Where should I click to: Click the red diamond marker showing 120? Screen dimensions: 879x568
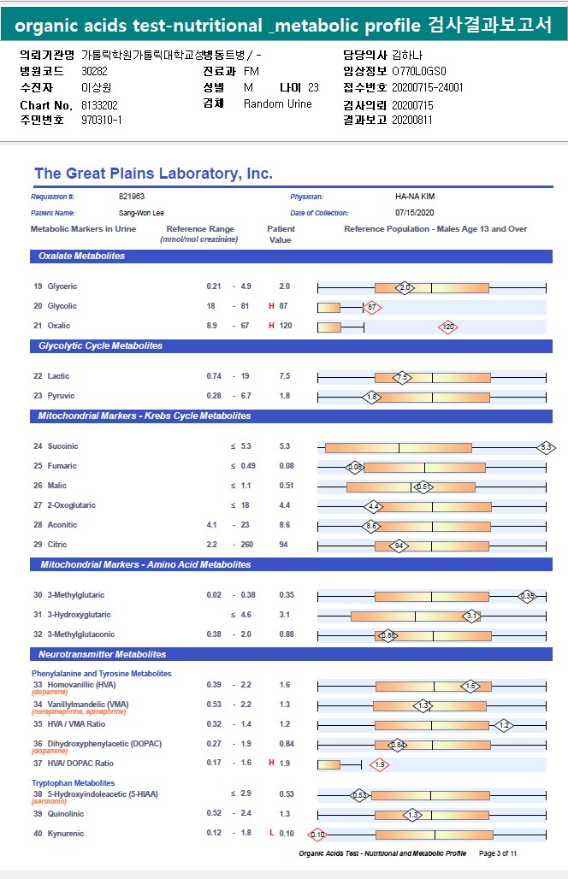tap(447, 327)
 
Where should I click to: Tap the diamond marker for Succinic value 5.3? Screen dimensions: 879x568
tap(547, 447)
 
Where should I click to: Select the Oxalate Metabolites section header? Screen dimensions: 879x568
tap(82, 256)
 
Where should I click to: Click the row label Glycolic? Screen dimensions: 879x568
tap(62, 306)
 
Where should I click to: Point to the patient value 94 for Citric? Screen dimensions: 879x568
tap(284, 545)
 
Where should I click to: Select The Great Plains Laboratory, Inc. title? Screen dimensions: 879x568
tap(153, 174)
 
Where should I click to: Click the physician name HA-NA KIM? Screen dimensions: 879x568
tap(415, 197)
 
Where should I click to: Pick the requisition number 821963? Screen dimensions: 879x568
tap(132, 197)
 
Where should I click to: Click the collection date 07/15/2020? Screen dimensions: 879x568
tap(415, 212)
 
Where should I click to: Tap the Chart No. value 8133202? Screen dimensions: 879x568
tap(99, 104)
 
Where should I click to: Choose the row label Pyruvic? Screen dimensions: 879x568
tap(61, 396)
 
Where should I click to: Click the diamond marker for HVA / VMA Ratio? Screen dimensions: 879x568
tap(504, 725)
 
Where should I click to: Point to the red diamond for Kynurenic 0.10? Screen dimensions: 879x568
tap(317, 835)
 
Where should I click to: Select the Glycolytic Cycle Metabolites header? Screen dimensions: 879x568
tap(100, 346)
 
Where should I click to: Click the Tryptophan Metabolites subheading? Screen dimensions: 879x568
tap(73, 783)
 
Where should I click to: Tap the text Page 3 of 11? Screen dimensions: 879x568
tap(498, 853)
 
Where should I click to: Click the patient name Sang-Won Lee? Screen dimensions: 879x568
tap(141, 212)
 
